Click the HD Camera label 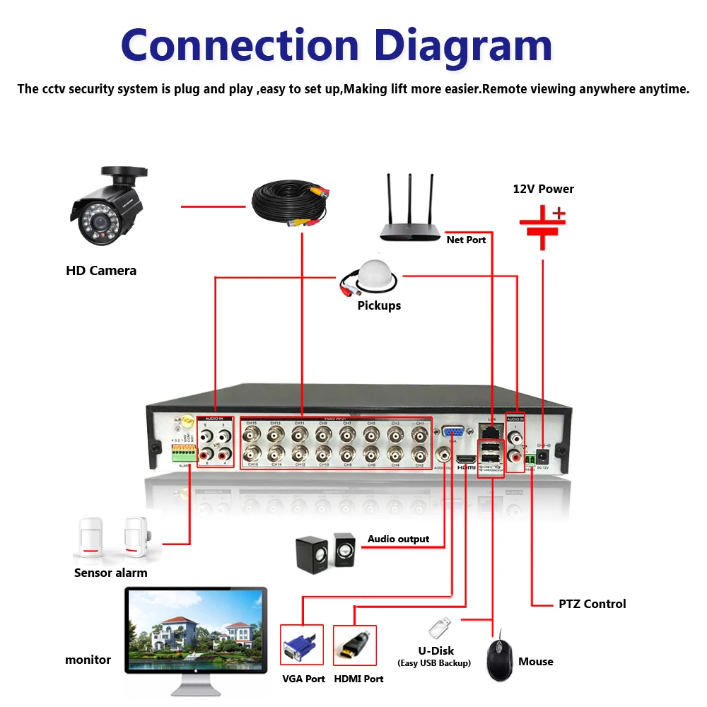pos(101,270)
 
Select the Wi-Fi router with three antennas pos(409,212)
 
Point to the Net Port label pos(466,240)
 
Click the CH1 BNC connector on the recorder pos(420,433)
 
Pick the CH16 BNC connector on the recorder pos(251,453)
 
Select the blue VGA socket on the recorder pos(454,432)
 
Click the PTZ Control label pos(592,604)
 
